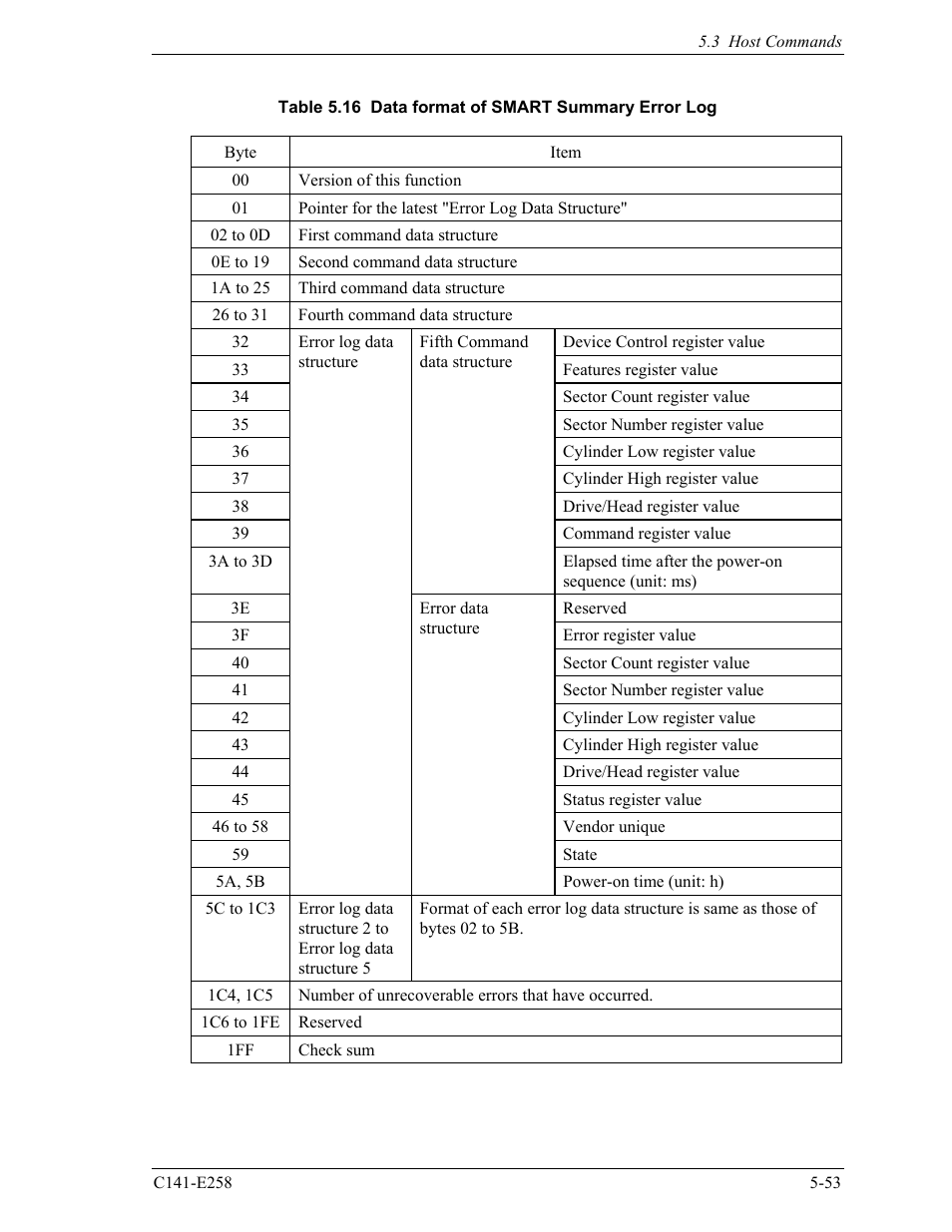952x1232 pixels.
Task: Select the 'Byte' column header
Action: pyautogui.click(x=240, y=153)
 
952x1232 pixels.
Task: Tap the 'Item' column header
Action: pyautogui.click(x=565, y=153)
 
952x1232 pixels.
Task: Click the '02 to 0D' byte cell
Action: pyautogui.click(x=240, y=235)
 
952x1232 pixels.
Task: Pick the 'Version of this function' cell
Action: pyautogui.click(x=380, y=181)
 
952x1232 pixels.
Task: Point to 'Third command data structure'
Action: pyautogui.click(x=401, y=288)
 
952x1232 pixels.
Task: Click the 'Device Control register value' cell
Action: pyautogui.click(x=664, y=342)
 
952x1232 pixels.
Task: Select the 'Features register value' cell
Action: pyautogui.click(x=640, y=370)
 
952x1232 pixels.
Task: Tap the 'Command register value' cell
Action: pyautogui.click(x=647, y=534)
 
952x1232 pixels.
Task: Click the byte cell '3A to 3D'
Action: pyautogui.click(x=240, y=562)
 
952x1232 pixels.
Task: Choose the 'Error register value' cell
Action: pyautogui.click(x=630, y=635)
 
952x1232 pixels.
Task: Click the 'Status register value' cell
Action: pyautogui.click(x=632, y=800)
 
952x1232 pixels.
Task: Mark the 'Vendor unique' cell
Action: pyautogui.click(x=614, y=827)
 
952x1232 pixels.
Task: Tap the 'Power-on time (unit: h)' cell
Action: pyautogui.click(x=644, y=882)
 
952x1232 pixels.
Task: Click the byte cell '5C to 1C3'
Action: pyautogui.click(x=240, y=909)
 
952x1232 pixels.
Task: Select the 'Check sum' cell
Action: pyautogui.click(x=337, y=1050)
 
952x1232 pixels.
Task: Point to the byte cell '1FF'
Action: pyautogui.click(x=240, y=1050)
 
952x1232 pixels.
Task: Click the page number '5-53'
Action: pyautogui.click(x=825, y=1183)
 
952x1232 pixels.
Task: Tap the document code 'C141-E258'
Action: pyautogui.click(x=193, y=1183)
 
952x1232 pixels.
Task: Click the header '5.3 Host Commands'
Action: pyautogui.click(x=769, y=42)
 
